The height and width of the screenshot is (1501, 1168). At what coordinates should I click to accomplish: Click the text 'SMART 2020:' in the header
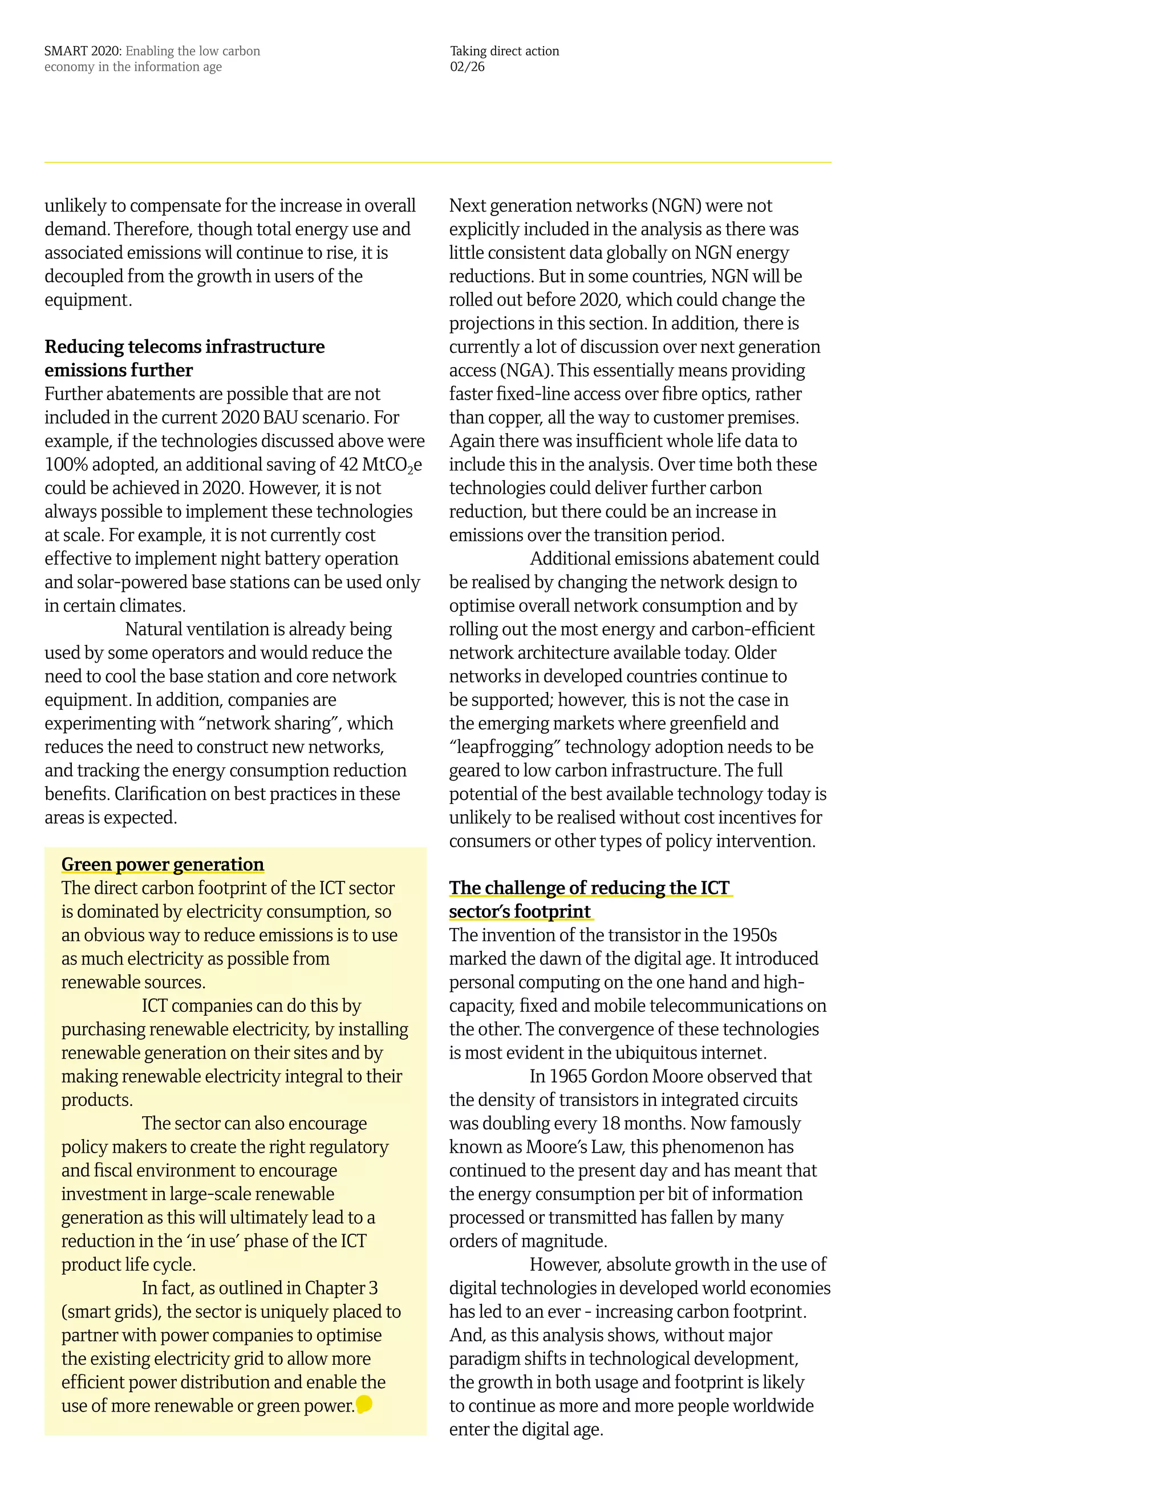pos(83,51)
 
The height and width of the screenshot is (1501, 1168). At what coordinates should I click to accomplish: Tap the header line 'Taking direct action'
pos(504,51)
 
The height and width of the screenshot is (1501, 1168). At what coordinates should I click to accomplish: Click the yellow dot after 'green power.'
pos(364,1404)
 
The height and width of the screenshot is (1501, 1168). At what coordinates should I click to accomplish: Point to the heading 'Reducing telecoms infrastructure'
pos(184,347)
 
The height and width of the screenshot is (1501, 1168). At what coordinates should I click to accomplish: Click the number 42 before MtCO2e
pos(348,465)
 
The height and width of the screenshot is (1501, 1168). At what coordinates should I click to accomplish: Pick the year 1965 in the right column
pos(568,1076)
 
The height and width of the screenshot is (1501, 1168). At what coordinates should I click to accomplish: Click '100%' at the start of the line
pos(66,465)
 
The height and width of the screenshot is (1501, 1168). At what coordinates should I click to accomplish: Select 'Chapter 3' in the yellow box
pos(341,1288)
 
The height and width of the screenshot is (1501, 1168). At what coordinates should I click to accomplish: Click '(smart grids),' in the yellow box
pos(111,1311)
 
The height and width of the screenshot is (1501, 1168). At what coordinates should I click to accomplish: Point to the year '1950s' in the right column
pos(754,935)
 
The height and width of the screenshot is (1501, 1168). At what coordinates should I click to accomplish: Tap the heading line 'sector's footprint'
pos(520,912)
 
